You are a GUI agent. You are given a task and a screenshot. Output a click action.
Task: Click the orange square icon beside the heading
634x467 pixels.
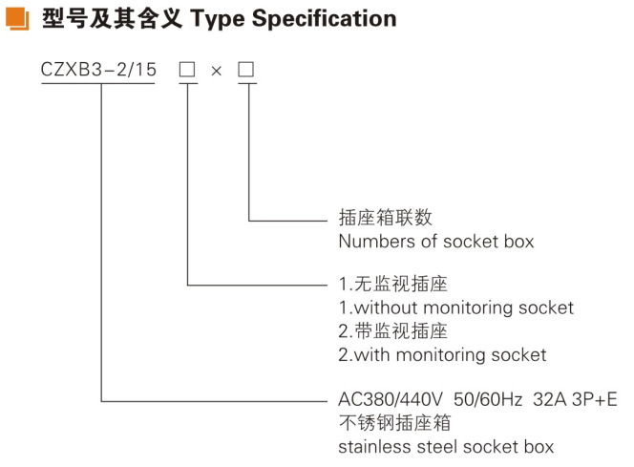click(19, 17)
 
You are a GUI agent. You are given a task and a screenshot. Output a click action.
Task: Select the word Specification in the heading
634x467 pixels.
click(327, 17)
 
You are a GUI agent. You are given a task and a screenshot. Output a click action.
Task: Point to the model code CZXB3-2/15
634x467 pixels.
click(98, 71)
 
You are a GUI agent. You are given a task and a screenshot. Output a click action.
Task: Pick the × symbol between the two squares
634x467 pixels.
click(218, 72)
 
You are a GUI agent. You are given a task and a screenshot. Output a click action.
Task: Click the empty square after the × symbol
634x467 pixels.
click(246, 71)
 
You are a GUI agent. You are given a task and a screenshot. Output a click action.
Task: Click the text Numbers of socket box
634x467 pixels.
click(436, 242)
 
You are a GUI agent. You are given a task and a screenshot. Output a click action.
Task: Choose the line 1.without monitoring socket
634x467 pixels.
click(456, 308)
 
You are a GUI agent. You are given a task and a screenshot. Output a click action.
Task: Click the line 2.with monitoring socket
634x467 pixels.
click(443, 354)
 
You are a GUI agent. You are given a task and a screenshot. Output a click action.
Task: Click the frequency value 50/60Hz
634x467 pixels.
click(475, 399)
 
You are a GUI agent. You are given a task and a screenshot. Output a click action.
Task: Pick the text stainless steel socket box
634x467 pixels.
click(446, 446)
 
